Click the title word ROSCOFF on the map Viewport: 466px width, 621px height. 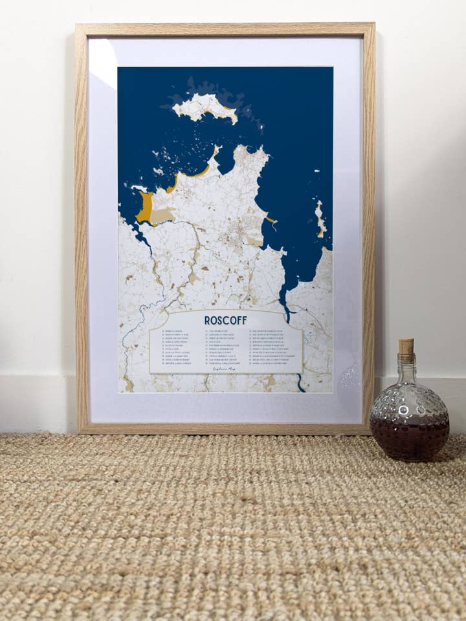click(225, 320)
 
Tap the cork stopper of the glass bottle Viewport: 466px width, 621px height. click(406, 347)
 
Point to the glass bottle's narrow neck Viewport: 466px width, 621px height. click(406, 368)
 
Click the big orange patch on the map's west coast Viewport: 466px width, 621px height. click(145, 207)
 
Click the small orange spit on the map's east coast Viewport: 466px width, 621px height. click(271, 220)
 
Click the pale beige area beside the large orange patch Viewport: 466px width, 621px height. click(162, 215)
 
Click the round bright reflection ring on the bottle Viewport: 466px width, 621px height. click(405, 411)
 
